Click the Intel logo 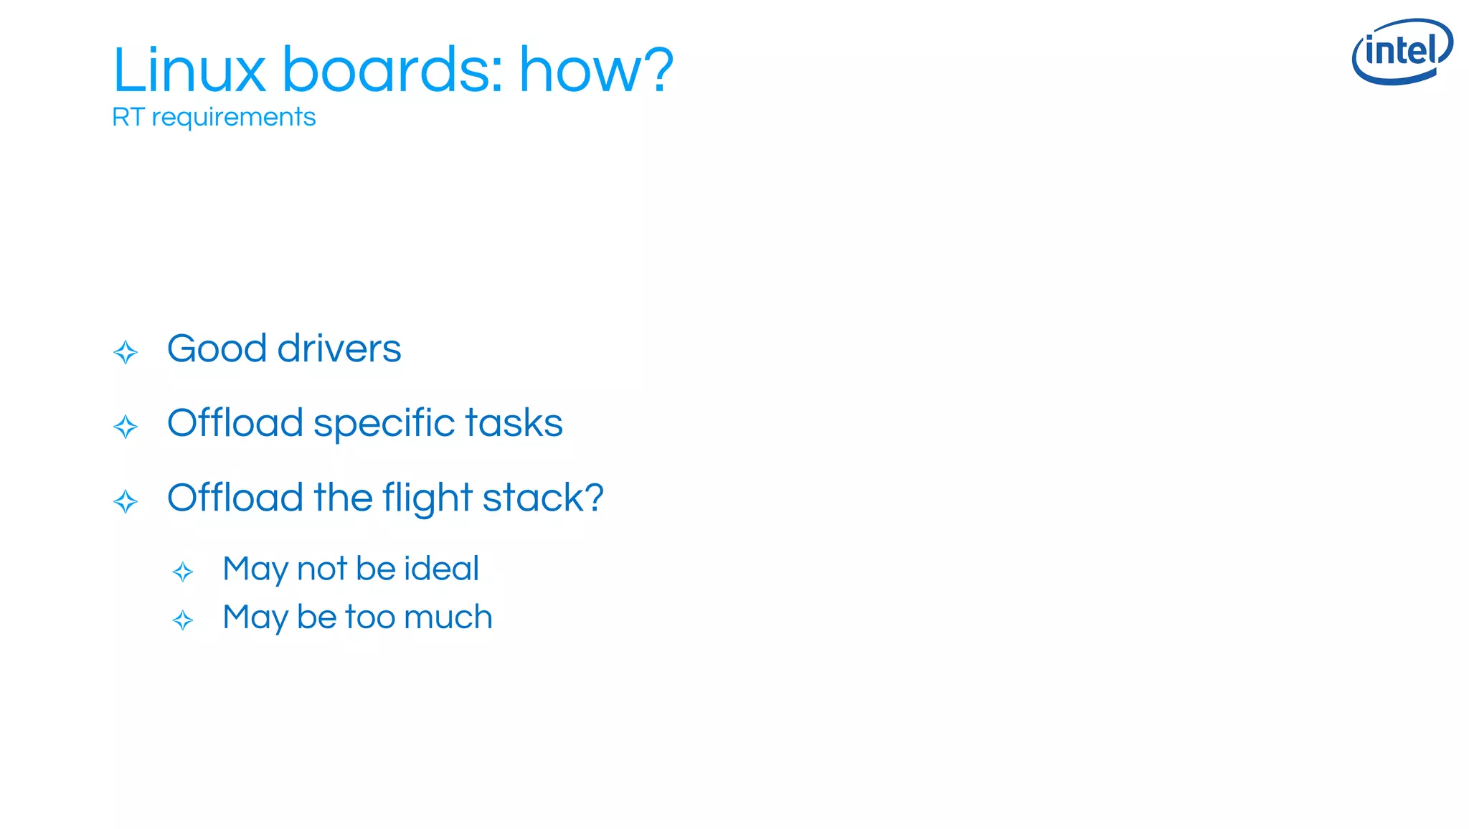(1402, 52)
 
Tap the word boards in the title (392, 70)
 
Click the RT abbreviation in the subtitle (128, 117)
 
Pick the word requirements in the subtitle (233, 118)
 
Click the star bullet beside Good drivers (126, 352)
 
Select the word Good (217, 349)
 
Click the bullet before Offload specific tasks (126, 427)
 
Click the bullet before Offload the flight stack (126, 501)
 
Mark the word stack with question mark (543, 498)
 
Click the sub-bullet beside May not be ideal (183, 572)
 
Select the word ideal (441, 569)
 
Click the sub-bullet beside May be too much (183, 620)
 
